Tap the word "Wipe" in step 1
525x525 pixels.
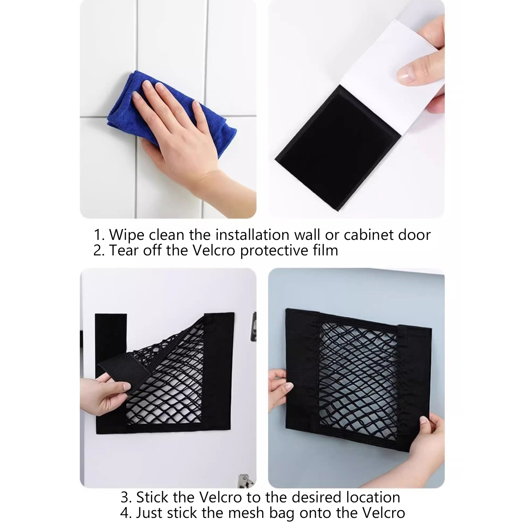point(127,235)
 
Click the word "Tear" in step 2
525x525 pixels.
point(126,250)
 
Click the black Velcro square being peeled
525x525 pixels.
point(338,148)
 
